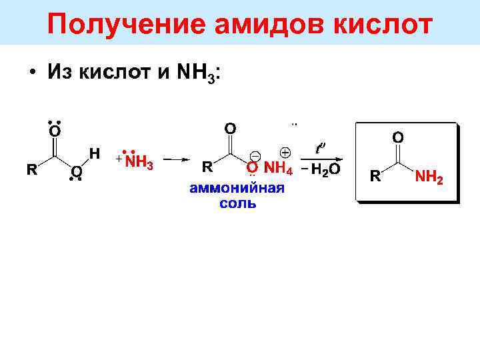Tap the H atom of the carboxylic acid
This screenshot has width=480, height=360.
94,153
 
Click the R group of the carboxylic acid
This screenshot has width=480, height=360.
31,170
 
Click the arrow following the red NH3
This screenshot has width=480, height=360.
177,159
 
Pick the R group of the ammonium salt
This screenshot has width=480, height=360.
207,165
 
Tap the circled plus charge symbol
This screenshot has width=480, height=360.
284,152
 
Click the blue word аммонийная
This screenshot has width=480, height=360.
237,187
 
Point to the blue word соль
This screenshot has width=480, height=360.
237,203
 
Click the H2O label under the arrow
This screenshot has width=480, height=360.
323,169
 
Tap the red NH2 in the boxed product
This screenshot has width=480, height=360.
429,177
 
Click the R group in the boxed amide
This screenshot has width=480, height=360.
375,176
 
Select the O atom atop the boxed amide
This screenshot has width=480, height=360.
397,137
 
